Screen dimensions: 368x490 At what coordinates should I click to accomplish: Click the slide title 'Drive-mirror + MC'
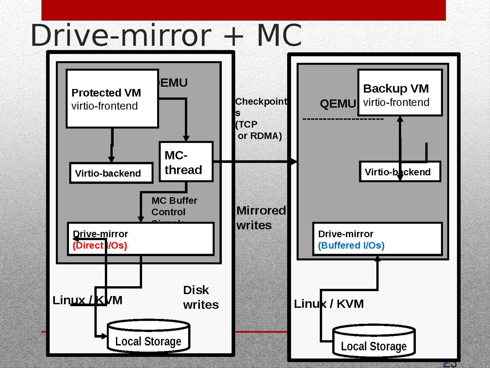(x=166, y=35)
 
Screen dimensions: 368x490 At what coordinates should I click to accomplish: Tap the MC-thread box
(x=186, y=162)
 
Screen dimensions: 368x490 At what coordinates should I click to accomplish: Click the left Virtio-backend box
(x=111, y=173)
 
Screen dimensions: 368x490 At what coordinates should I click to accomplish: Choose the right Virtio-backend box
(x=400, y=172)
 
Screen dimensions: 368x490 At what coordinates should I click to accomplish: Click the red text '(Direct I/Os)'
(x=100, y=246)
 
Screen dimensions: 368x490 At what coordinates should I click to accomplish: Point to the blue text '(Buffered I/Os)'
(x=351, y=246)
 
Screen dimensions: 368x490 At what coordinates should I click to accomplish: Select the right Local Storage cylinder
(x=374, y=342)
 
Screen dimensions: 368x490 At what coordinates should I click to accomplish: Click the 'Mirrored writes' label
(x=261, y=218)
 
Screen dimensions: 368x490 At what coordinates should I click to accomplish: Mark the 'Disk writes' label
(x=201, y=297)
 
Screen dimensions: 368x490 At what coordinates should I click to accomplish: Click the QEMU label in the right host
(x=338, y=104)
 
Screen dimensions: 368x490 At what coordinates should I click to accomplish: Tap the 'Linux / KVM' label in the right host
(x=329, y=304)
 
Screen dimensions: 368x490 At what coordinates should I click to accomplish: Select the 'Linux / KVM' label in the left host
(x=87, y=300)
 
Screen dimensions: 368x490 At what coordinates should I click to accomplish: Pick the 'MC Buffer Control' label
(x=174, y=206)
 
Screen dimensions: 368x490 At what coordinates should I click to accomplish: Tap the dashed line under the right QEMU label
(x=343, y=119)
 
